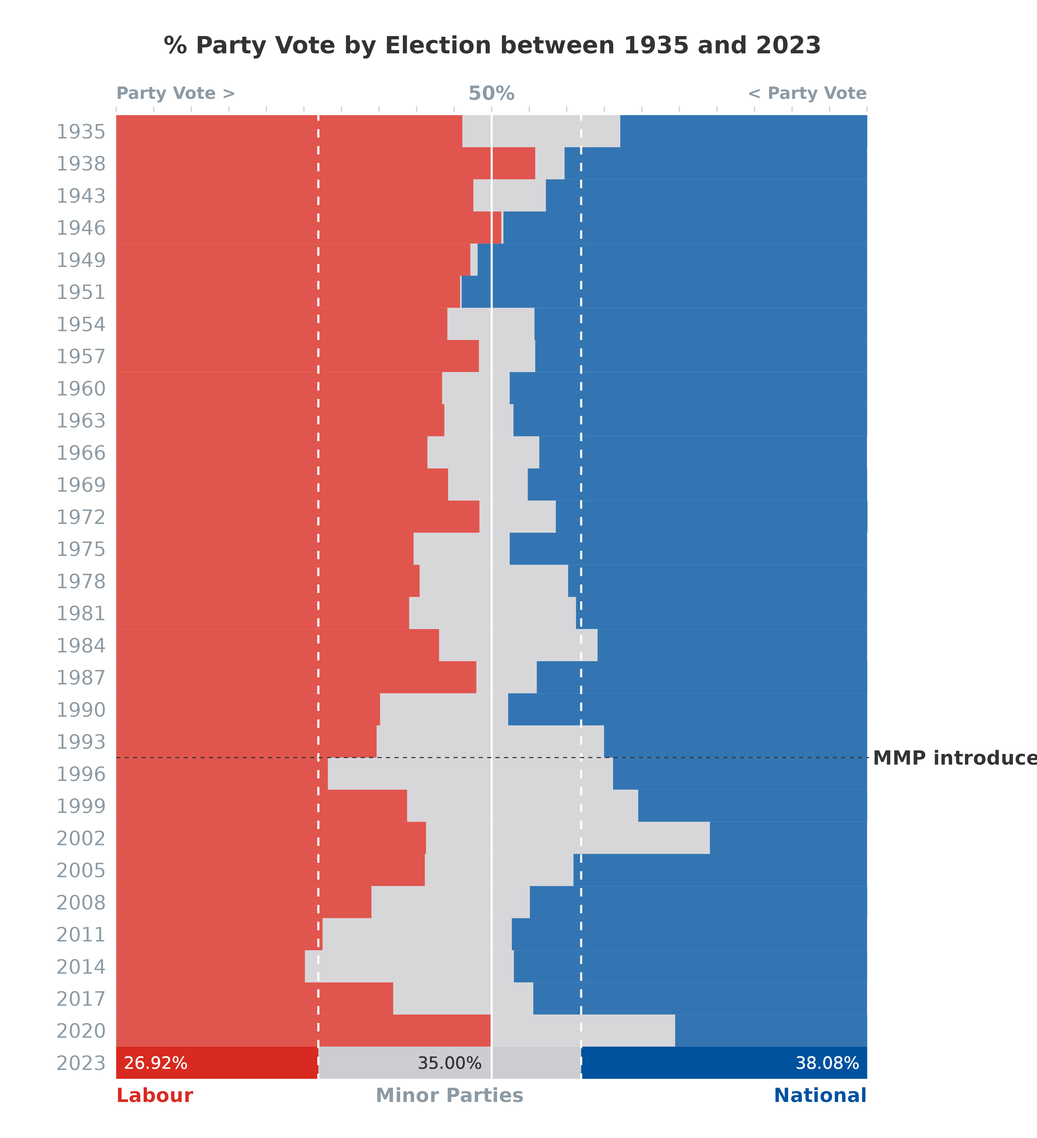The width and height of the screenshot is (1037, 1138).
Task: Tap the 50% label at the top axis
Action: click(491, 93)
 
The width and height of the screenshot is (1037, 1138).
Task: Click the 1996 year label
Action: click(81, 774)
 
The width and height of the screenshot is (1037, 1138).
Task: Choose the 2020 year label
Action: click(81, 1031)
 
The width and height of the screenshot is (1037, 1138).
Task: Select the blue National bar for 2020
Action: click(771, 1031)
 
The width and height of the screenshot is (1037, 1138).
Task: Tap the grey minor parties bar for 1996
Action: click(470, 774)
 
